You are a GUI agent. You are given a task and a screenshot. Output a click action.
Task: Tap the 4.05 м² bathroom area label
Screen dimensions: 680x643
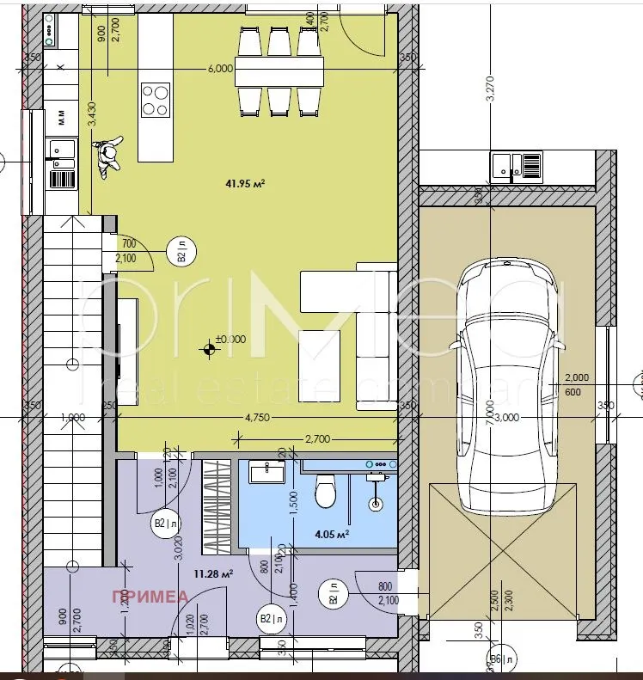329,534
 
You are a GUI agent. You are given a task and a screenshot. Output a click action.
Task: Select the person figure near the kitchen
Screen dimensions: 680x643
107,156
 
